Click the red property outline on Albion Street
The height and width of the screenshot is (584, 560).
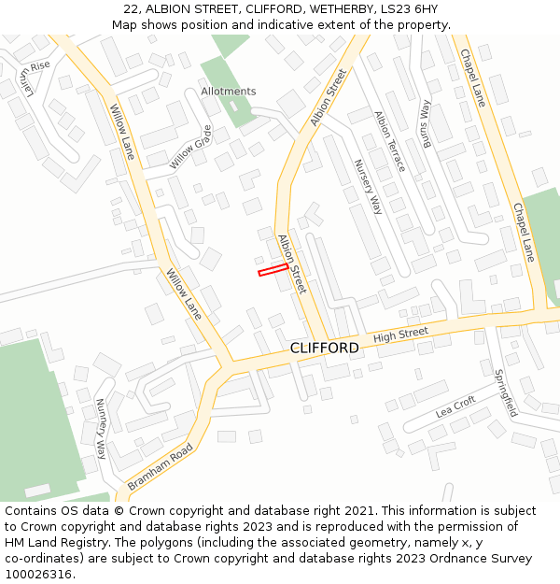(273, 270)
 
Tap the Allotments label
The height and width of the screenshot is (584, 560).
(228, 92)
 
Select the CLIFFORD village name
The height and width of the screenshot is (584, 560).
(324, 348)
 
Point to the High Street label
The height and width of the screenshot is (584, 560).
(400, 334)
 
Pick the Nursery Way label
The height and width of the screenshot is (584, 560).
(368, 186)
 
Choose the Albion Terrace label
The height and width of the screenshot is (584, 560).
(389, 141)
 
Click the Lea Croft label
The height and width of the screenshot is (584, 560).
(455, 407)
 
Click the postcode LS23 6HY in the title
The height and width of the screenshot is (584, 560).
(410, 9)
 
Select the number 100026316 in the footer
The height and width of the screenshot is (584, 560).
(39, 575)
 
